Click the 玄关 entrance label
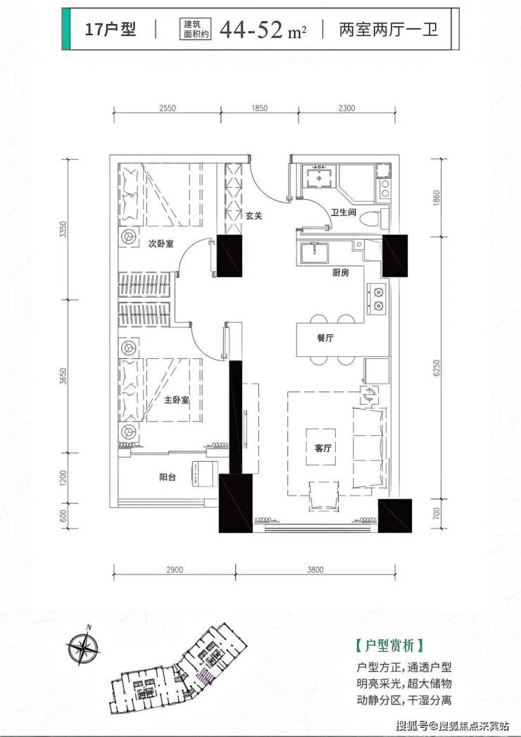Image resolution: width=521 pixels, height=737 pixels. (253, 215)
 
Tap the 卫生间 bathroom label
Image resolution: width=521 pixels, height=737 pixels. (344, 213)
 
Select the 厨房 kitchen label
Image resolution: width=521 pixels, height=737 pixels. (341, 272)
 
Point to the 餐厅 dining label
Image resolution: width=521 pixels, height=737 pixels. (325, 337)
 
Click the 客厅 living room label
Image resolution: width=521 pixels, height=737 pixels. (323, 448)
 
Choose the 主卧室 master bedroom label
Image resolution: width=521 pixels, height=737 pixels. (177, 401)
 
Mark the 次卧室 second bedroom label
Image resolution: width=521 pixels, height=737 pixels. (161, 244)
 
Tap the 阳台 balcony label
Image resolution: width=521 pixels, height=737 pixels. (168, 477)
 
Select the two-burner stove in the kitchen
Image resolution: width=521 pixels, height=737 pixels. (377, 299)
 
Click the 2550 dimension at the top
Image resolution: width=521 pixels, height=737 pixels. (168, 108)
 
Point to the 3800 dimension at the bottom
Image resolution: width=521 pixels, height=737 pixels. (315, 569)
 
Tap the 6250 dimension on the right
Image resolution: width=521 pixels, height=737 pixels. (437, 369)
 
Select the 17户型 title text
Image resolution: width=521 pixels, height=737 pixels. (111, 30)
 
